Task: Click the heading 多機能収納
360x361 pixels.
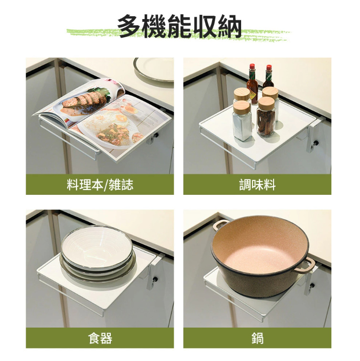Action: coord(180,26)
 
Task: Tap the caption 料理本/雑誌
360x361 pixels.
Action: coord(100,185)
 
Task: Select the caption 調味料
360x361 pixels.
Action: coord(257,185)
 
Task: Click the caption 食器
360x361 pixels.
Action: coord(100,338)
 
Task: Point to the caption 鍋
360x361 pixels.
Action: coord(257,338)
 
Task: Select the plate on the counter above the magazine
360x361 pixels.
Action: coord(154,69)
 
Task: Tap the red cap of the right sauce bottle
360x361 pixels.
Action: coord(269,68)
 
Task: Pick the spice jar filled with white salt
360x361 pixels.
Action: coord(242,121)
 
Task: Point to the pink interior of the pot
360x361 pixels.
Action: coord(260,246)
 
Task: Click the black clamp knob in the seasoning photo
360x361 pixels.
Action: coord(316,143)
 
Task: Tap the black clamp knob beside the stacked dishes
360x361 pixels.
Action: coord(155,279)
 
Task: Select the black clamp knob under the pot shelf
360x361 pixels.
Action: coord(312,286)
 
